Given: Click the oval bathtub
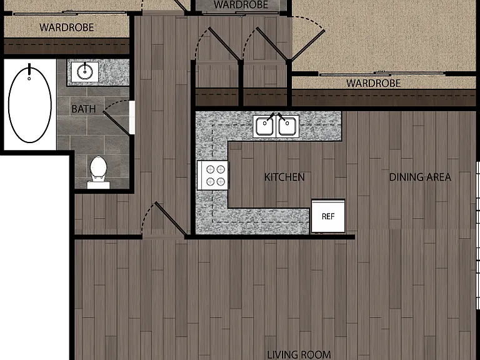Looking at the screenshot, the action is (30, 105).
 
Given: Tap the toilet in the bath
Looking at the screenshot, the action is (98, 172).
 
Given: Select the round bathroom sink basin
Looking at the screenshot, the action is (85, 72).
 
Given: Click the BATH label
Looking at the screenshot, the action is (83, 109).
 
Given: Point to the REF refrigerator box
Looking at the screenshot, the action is (328, 216).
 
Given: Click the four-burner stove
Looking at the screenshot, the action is (212, 176).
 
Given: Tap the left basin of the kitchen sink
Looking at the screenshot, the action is (264, 126).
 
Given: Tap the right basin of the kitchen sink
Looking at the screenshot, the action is (287, 126).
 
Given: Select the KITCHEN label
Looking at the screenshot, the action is (284, 177).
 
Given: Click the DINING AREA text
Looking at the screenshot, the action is (420, 177).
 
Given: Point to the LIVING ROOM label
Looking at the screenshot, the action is (299, 354).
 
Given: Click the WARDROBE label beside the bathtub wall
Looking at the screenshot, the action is (67, 27).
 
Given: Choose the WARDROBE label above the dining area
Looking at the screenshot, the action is (374, 83).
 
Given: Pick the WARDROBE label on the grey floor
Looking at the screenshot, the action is (241, 4).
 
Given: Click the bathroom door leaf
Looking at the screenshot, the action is (116, 123).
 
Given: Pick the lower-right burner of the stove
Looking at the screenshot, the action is (221, 182).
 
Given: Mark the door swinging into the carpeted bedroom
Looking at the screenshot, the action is (306, 45).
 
